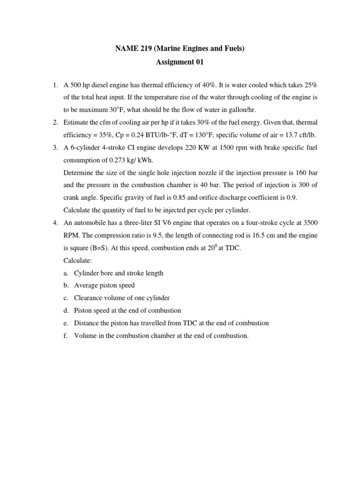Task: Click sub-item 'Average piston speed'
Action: [104, 285]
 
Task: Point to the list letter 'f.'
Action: [66, 335]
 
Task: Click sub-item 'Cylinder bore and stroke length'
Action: [119, 273]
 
